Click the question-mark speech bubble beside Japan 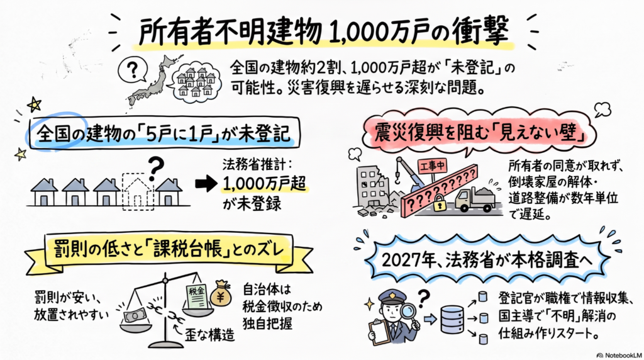coord(132,70)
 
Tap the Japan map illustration coord(153,82)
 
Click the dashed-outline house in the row coord(138,191)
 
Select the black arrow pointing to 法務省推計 coord(206,184)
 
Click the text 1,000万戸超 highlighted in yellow coord(265,184)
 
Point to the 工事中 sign coord(432,166)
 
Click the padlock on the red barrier coord(440,203)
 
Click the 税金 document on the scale coord(197,296)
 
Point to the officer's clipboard coord(379,331)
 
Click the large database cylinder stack coord(452,319)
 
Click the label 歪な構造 coord(209,335)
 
